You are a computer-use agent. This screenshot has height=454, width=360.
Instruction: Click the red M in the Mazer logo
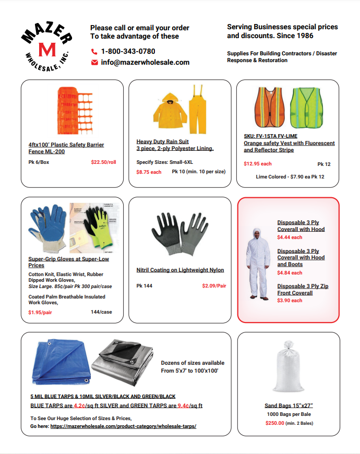[x=47, y=50]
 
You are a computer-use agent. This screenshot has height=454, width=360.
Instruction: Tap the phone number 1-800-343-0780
[x=128, y=51]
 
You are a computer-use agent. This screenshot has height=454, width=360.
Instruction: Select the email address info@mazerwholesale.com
[x=145, y=62]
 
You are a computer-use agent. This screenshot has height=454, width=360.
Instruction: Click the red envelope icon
[x=94, y=62]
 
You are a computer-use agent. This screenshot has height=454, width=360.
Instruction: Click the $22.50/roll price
[x=103, y=162]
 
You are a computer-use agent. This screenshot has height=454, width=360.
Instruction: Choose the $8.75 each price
[x=149, y=172]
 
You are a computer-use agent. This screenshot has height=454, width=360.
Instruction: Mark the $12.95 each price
[x=258, y=164]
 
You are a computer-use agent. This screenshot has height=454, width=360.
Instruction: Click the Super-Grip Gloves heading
[x=68, y=262]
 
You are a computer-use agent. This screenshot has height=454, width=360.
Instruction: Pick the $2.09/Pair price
[x=214, y=286]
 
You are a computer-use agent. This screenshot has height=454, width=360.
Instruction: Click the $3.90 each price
[x=290, y=301]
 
